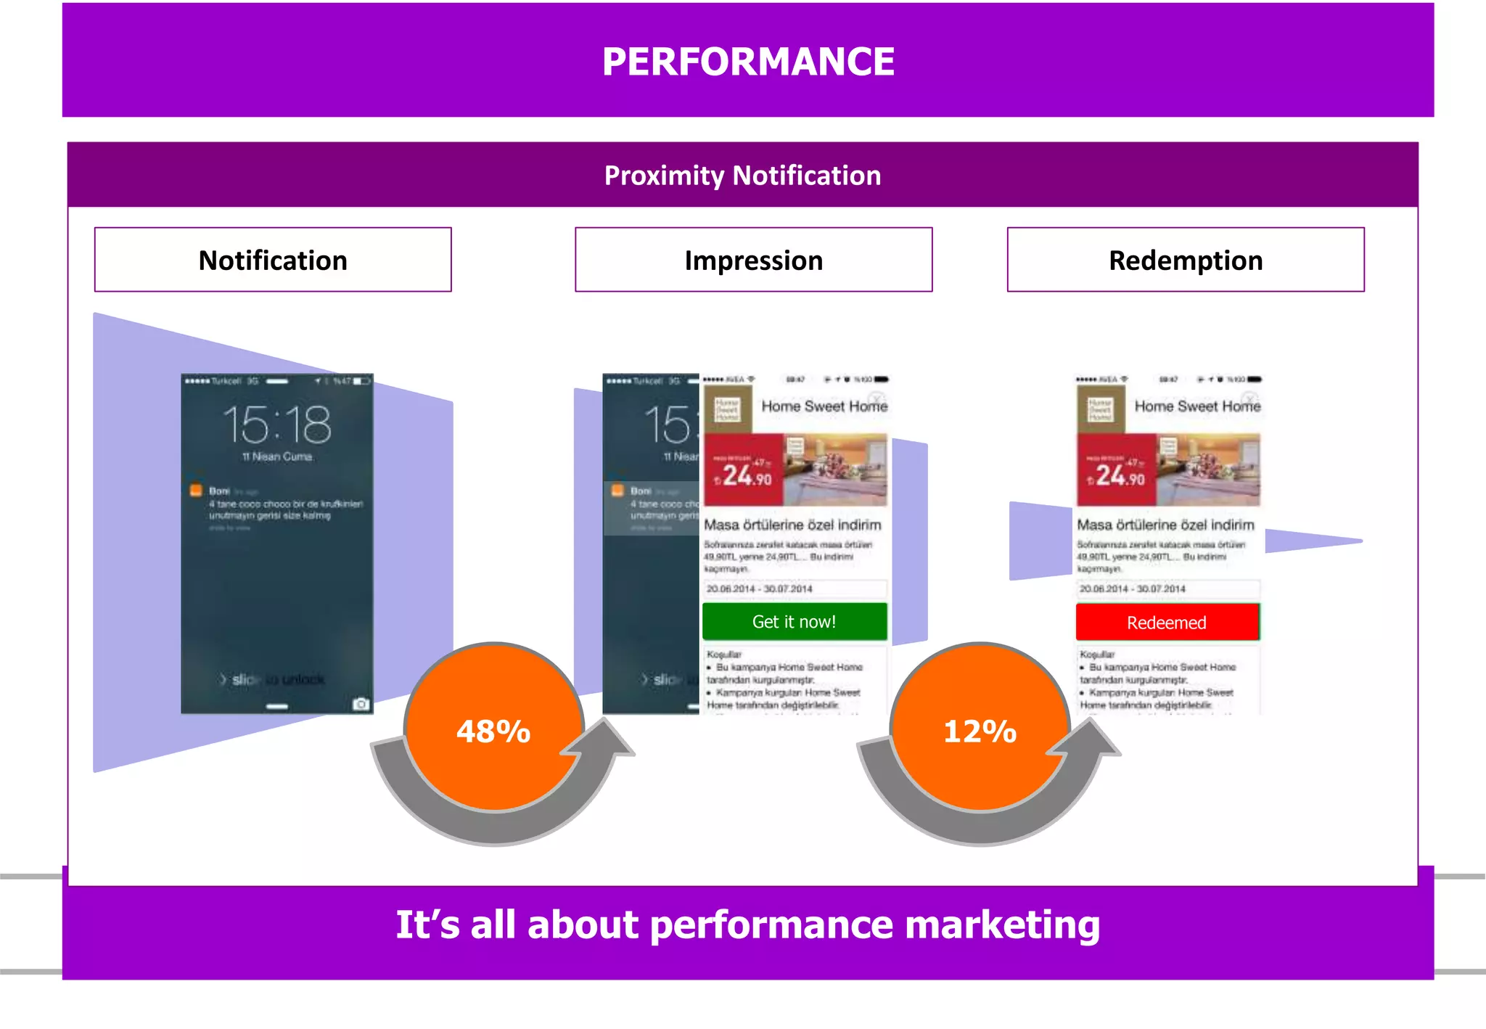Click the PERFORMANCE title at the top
[x=748, y=61]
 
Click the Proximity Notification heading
[x=742, y=176]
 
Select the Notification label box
[x=273, y=260]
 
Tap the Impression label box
[x=753, y=260]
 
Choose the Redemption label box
[x=1185, y=260]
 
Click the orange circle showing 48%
[x=493, y=729]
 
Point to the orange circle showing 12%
[x=980, y=729]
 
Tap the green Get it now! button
[x=794, y=622]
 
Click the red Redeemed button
[x=1167, y=623]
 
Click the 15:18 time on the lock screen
[x=276, y=425]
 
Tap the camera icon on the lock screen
[x=361, y=704]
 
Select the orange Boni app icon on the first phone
[x=196, y=491]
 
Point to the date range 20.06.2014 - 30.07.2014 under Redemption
[x=1132, y=589]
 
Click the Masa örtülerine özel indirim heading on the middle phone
[x=792, y=525]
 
